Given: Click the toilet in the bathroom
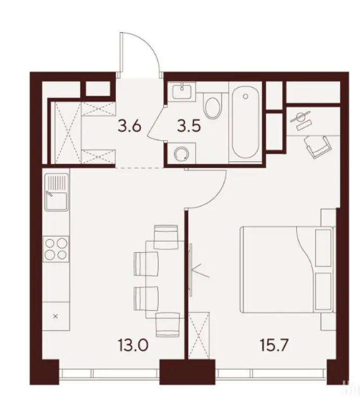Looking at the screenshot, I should point(213,107).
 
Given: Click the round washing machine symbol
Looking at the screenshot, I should point(181,154).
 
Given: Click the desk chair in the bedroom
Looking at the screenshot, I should point(316,144).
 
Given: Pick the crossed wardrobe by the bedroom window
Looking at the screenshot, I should point(199,335).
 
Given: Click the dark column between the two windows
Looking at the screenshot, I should point(186,372).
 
